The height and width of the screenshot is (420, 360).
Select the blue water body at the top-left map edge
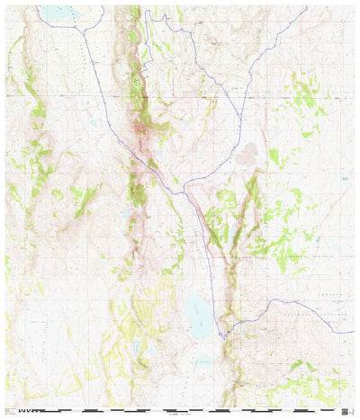[57, 13]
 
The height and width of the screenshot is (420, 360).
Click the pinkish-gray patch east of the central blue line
[249, 153]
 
